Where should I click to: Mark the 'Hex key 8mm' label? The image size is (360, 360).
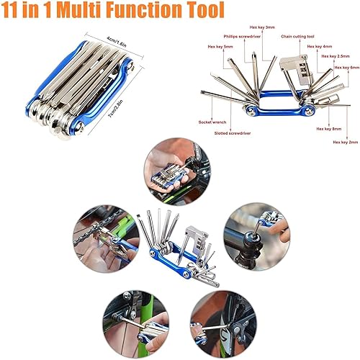[328, 129]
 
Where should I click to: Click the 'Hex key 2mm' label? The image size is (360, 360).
[343, 143]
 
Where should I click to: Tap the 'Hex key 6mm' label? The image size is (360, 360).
[343, 68]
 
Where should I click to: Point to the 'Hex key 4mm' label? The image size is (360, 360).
[319, 48]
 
